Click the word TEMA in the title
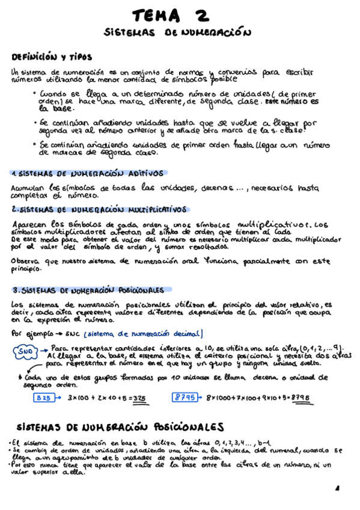pos(156,14)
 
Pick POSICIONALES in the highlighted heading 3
pos(139,290)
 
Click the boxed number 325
pos(43,398)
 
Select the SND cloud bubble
pos(25,351)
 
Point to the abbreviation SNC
pos(73,334)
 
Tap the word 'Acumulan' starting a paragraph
pos(27,187)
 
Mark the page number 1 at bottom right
pos(337,488)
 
